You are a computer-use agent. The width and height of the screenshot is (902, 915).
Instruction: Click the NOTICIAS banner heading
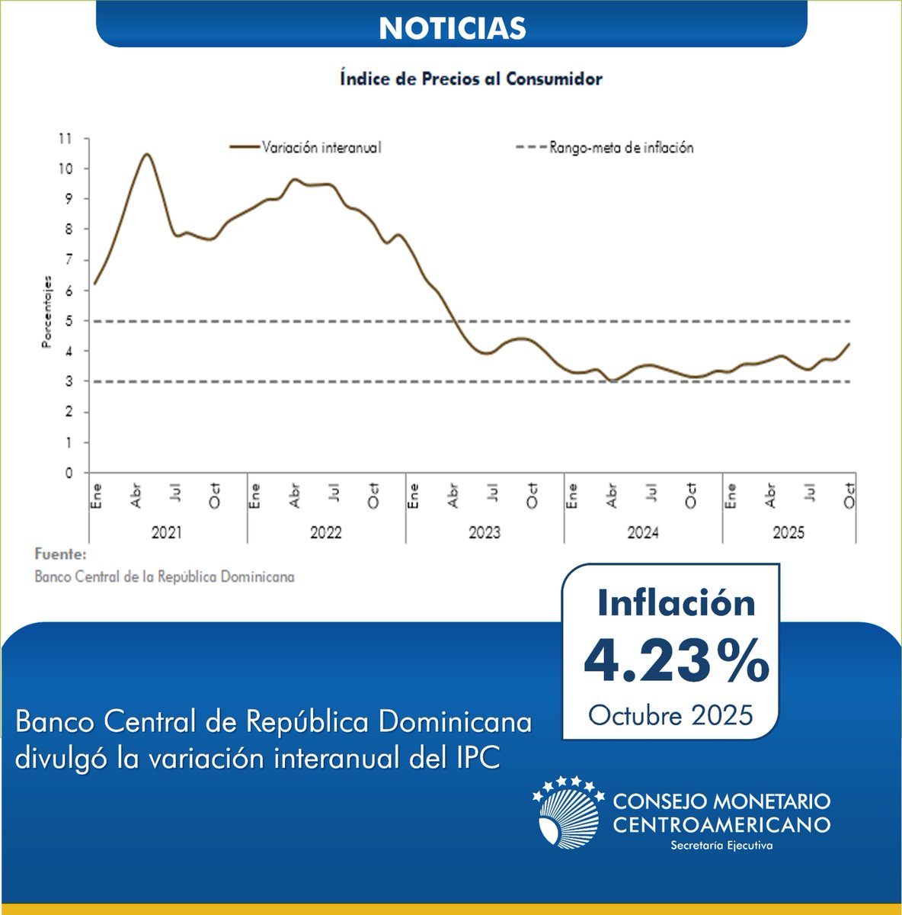click(452, 28)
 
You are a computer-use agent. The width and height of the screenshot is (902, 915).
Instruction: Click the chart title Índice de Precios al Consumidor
click(471, 79)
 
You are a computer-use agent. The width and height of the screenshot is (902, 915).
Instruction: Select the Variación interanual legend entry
click(321, 148)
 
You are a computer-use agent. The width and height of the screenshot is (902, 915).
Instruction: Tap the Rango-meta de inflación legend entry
click(621, 148)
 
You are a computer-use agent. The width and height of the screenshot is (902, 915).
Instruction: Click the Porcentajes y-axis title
click(46, 312)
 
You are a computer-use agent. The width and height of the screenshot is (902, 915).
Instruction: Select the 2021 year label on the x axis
click(167, 533)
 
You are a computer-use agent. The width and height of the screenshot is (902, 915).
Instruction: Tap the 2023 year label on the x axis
click(485, 533)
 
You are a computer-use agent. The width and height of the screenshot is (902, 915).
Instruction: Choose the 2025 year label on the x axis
click(788, 533)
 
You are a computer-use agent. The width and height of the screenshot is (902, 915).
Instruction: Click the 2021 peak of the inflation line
click(146, 154)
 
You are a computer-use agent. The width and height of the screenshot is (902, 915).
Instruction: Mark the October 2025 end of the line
click(849, 344)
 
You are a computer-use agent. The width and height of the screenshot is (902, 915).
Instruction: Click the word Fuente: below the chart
click(61, 554)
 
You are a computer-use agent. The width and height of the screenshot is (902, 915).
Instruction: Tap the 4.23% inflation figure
click(676, 661)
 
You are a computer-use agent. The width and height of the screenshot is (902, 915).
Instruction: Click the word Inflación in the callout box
click(676, 602)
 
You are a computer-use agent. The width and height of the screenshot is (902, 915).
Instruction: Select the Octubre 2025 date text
click(670, 715)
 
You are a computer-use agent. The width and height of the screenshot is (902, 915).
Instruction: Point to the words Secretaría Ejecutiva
click(721, 846)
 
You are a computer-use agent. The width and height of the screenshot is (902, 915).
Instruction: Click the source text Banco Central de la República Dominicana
click(165, 576)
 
